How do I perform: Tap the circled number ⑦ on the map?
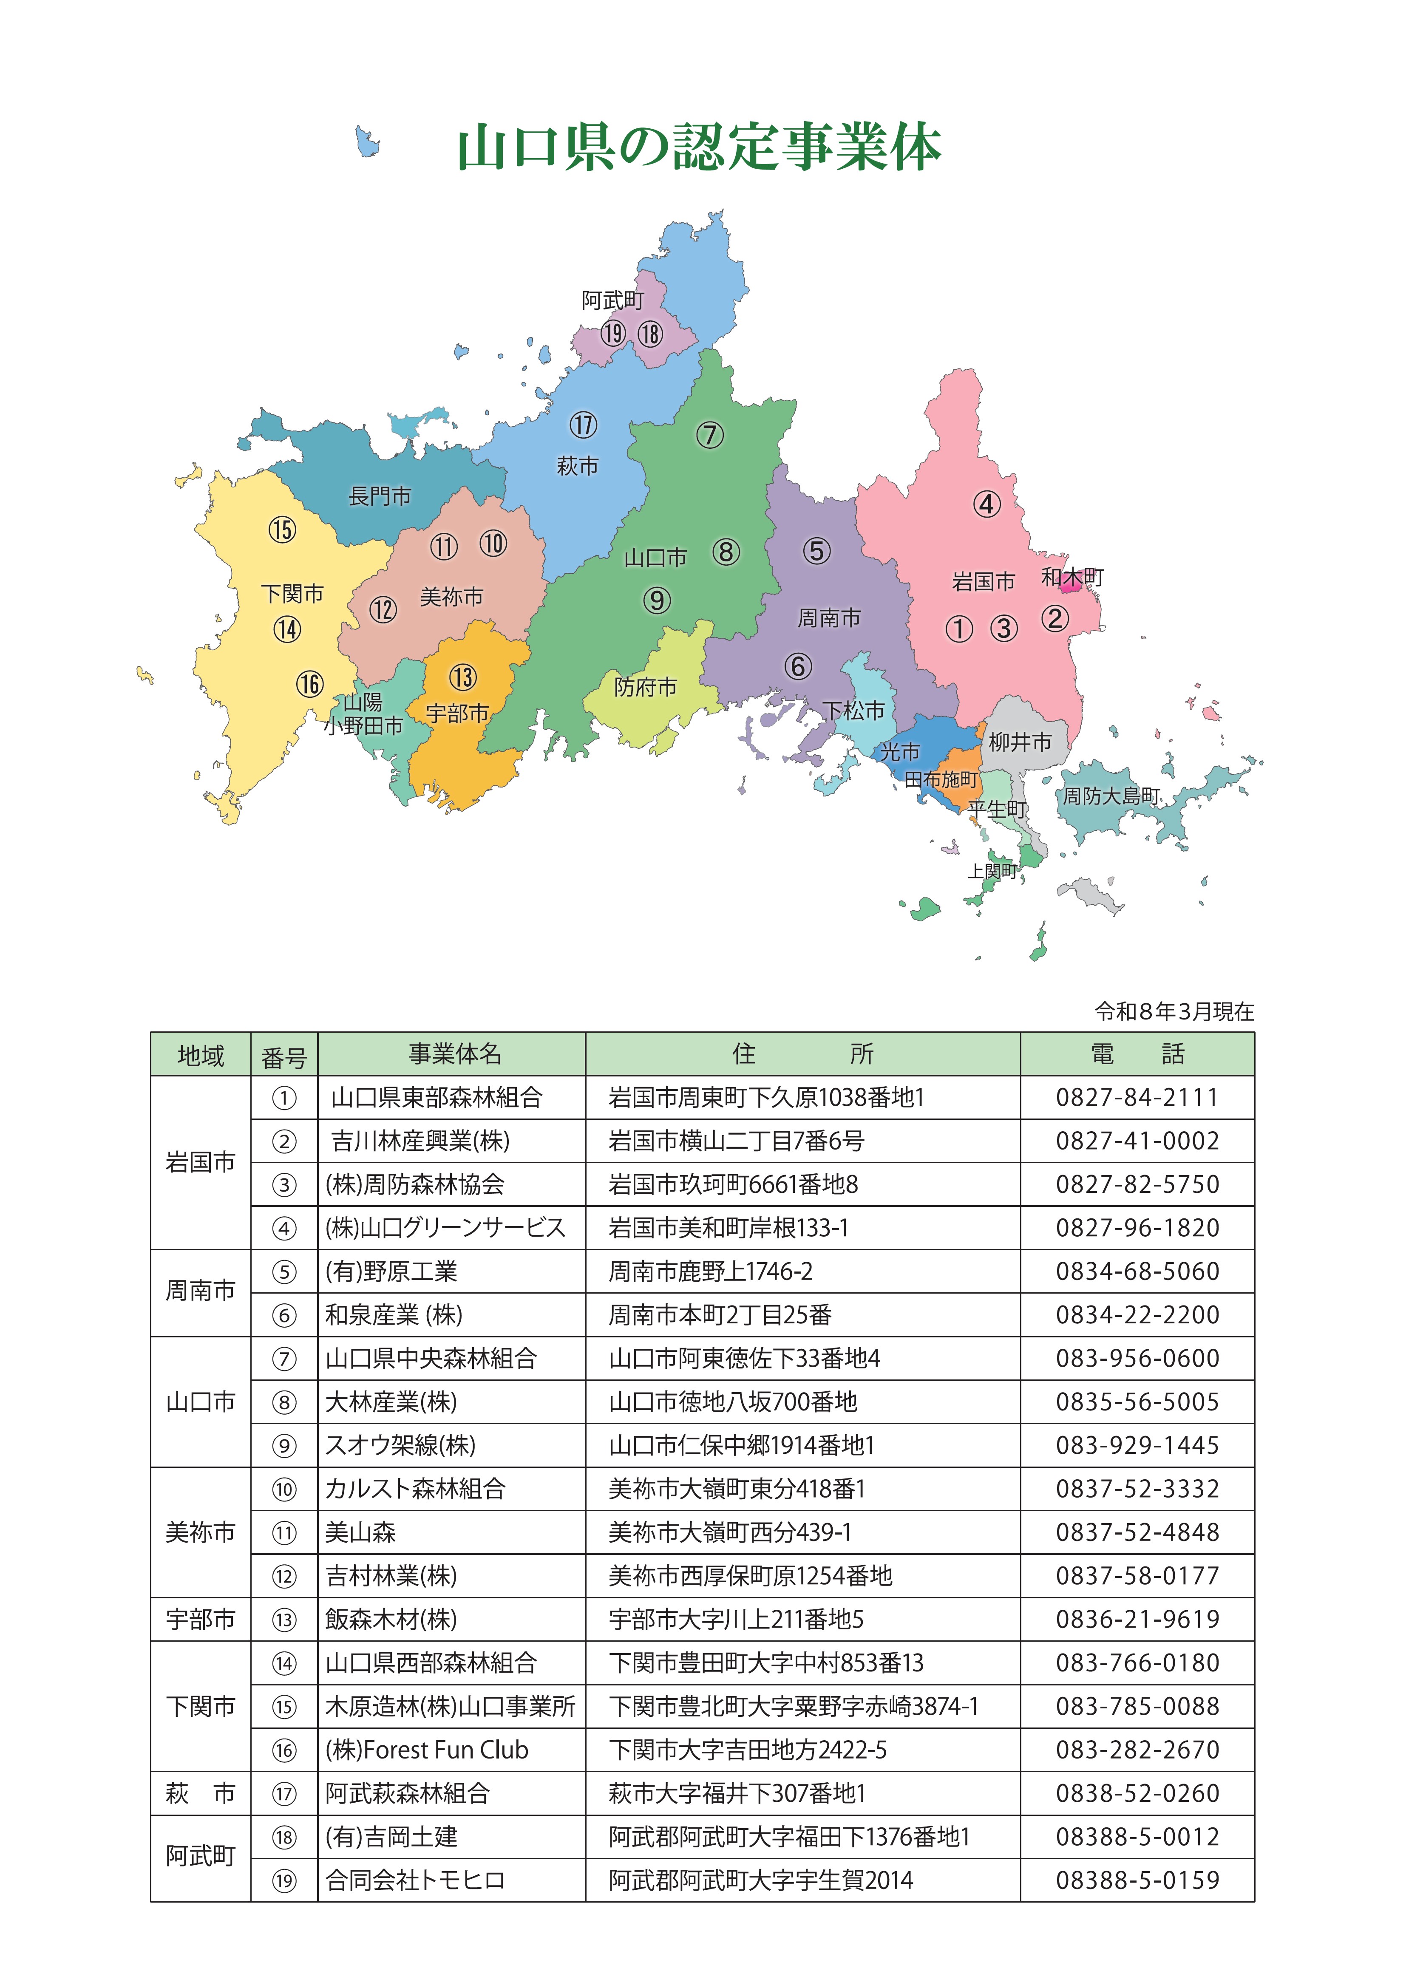pos(710,435)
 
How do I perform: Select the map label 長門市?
pos(380,496)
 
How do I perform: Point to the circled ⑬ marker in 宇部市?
pos(463,677)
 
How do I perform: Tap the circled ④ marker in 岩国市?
pos(987,504)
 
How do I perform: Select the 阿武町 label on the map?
pos(613,300)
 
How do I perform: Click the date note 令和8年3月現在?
pos(1174,1011)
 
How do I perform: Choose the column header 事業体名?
pos(454,1054)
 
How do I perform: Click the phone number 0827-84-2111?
pos(1137,1098)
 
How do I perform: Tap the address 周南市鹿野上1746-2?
pos(710,1272)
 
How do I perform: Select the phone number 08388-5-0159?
pos(1137,1880)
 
